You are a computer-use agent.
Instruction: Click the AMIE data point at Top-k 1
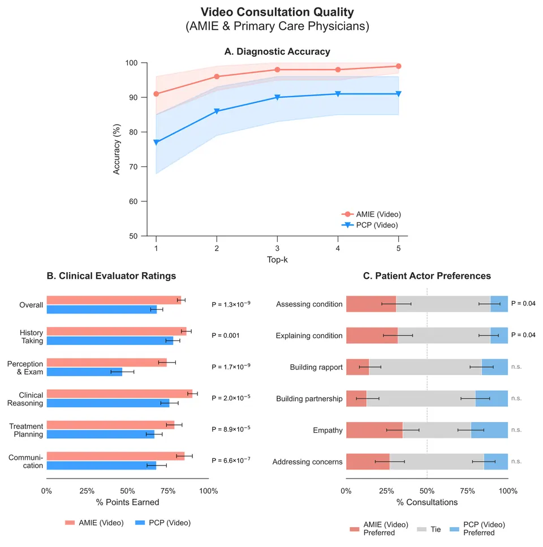(x=156, y=94)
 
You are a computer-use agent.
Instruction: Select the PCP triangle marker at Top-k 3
(x=277, y=97)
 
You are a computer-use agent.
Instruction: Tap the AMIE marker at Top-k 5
(x=399, y=66)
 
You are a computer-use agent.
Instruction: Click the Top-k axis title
(x=277, y=260)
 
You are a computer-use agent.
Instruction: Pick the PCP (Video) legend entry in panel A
(x=370, y=225)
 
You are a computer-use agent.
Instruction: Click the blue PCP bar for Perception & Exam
(x=84, y=372)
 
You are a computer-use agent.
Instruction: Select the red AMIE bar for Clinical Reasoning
(x=119, y=394)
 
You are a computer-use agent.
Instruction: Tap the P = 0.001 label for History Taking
(x=226, y=335)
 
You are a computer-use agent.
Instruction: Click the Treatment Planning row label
(x=26, y=430)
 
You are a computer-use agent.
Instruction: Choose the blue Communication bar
(x=101, y=466)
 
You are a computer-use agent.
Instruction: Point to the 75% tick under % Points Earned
(x=168, y=491)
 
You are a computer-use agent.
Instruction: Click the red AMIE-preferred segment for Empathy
(x=374, y=430)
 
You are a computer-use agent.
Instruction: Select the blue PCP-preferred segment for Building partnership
(x=492, y=398)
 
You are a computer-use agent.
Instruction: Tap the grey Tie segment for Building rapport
(x=425, y=367)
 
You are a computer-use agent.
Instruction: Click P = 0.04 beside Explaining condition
(x=523, y=335)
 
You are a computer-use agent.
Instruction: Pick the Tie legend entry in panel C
(x=429, y=529)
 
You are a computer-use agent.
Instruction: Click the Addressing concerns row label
(x=307, y=462)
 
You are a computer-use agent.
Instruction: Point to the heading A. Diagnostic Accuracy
(x=277, y=51)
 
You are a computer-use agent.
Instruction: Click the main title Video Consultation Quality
(x=277, y=12)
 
